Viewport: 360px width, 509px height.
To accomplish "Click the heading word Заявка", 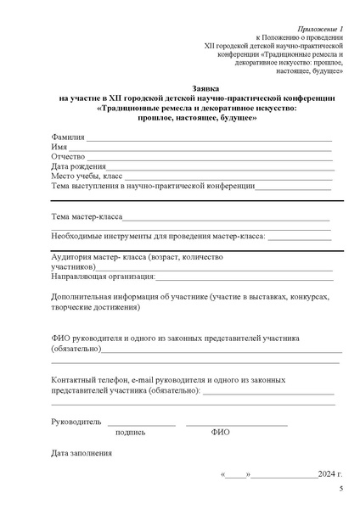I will (180, 87).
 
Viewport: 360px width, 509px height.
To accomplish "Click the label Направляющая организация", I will (103, 276).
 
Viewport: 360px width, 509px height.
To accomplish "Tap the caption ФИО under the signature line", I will (220, 432).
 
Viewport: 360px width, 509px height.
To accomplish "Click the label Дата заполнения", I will (82, 453).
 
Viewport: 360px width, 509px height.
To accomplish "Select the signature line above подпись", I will (141, 423).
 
